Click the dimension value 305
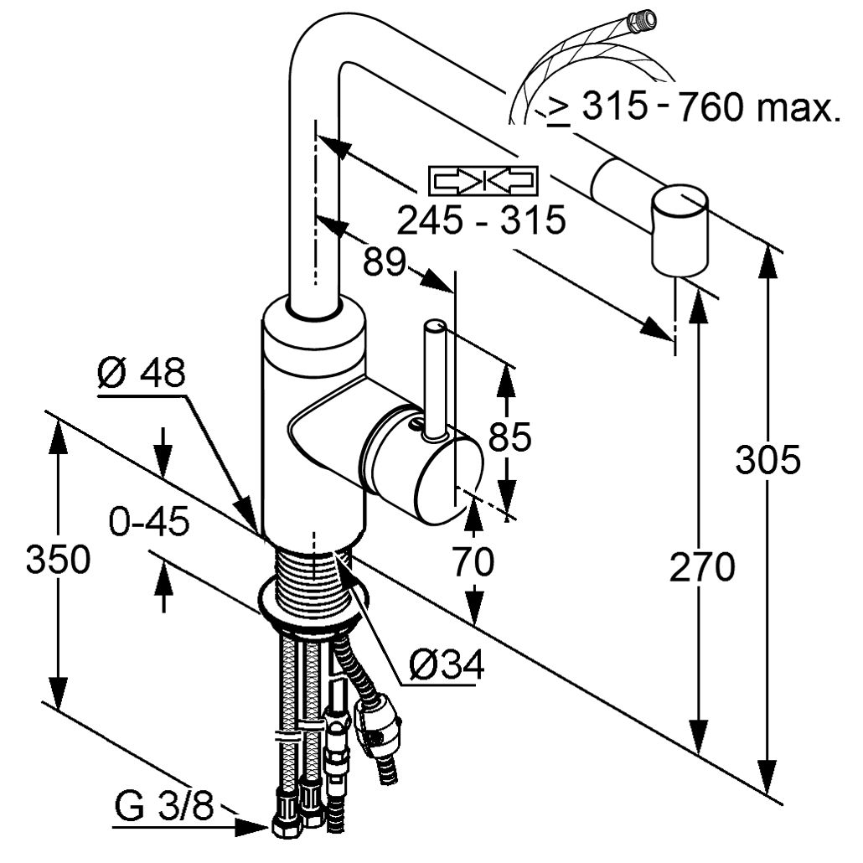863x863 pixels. (767, 459)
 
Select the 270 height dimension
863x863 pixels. (702, 567)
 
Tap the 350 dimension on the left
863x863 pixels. (57, 559)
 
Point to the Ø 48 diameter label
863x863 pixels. (140, 374)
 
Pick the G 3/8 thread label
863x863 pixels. (163, 809)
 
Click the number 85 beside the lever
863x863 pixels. (508, 437)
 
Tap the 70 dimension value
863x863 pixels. (473, 562)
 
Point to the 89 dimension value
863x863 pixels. (384, 261)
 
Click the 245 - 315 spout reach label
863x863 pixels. (481, 220)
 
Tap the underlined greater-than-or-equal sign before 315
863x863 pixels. (557, 109)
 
